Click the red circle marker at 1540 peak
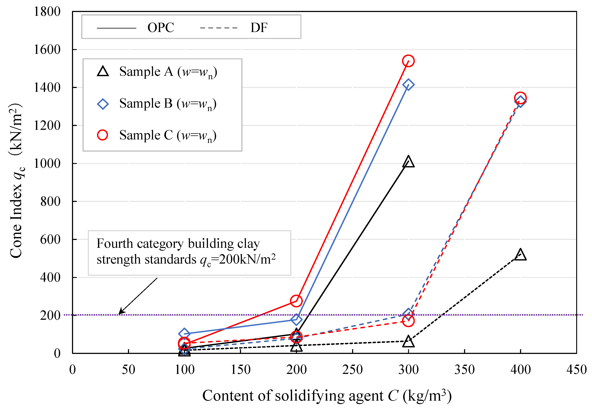[408, 61]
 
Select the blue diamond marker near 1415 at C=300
[408, 85]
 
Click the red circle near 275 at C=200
[296, 301]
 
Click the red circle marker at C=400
[520, 98]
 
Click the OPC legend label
[161, 27]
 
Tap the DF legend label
[259, 27]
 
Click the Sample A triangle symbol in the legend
[103, 71]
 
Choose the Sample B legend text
[168, 104]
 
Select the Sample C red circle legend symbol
[103, 135]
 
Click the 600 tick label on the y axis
[50, 240]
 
